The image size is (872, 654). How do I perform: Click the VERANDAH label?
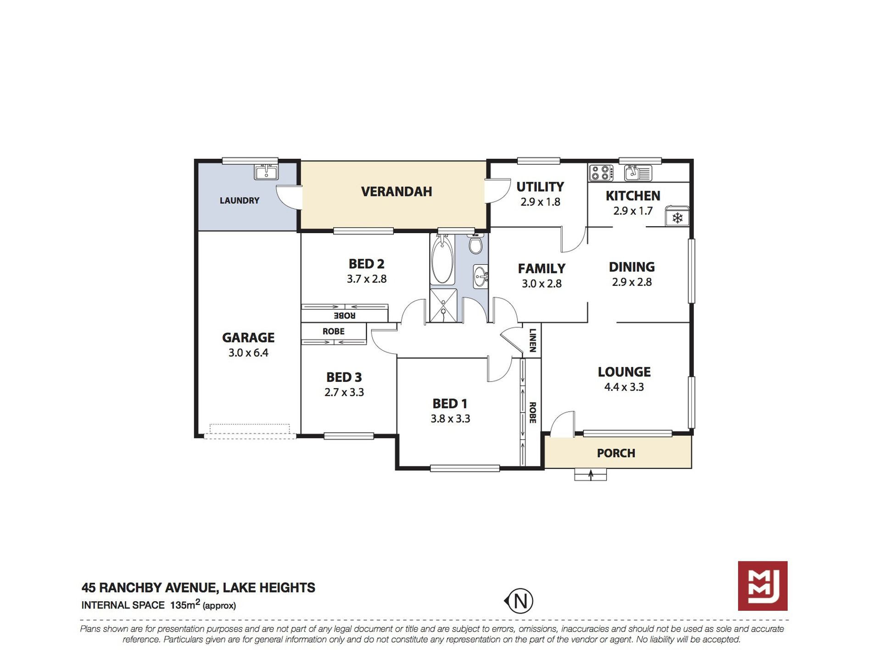397,191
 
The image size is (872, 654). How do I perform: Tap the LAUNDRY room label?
240,201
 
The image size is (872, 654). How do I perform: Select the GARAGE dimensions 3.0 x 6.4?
248,353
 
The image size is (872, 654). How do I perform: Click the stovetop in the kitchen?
601,173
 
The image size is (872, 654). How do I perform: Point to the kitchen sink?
638,173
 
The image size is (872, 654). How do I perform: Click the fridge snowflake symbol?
677,218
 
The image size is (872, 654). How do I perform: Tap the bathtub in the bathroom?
442,260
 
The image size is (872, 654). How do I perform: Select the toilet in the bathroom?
475,243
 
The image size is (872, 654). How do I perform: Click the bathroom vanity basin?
481,277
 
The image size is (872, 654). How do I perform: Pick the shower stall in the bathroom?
443,305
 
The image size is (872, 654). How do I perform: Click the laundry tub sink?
266,172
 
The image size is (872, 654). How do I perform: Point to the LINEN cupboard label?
532,340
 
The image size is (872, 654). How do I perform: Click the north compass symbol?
519,601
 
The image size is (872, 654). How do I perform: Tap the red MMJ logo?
762,586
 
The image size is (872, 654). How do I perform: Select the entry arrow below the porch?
591,475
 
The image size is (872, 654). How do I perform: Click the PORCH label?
616,453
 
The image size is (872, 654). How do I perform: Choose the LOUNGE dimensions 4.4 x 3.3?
624,387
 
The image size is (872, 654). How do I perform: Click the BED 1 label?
450,404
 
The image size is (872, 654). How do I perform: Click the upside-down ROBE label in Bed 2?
345,316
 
